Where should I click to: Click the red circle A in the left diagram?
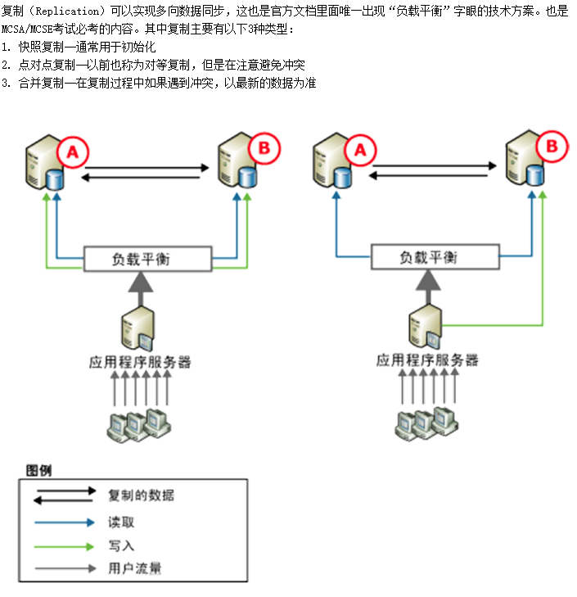[x=73, y=152]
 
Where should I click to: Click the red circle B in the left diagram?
[x=264, y=148]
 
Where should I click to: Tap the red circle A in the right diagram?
[x=360, y=150]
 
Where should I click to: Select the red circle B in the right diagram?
[x=551, y=147]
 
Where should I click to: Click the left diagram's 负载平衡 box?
[x=147, y=260]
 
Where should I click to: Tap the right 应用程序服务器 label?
[x=427, y=360]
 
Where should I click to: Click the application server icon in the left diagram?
[x=136, y=328]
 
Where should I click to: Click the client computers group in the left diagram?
[x=140, y=421]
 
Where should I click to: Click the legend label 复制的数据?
[x=141, y=495]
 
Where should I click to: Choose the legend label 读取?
[x=121, y=522]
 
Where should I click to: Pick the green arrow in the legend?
[x=65, y=545]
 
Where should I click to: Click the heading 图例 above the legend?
[x=38, y=470]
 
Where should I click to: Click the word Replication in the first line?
[x=61, y=11]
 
